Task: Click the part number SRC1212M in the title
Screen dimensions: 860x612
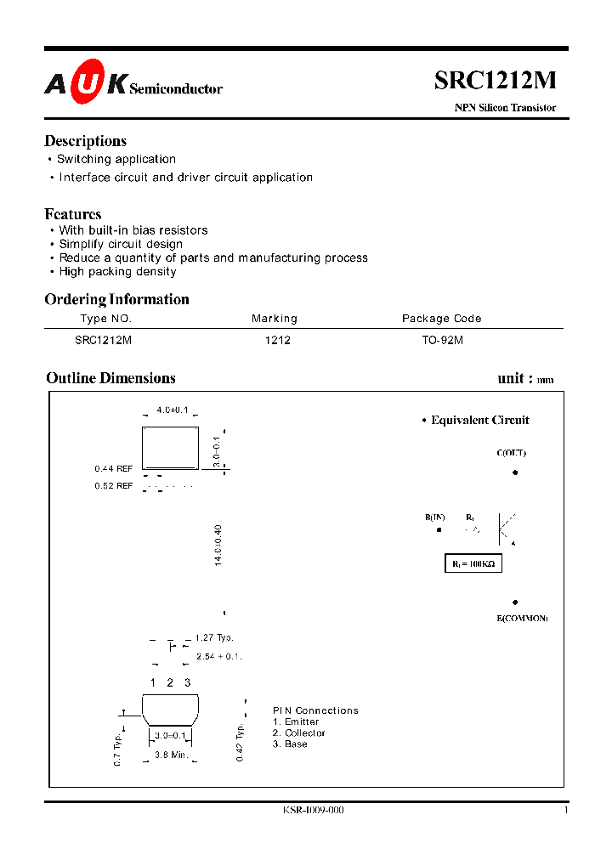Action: (496, 80)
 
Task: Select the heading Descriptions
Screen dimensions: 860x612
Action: (85, 141)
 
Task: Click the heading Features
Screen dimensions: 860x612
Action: (73, 214)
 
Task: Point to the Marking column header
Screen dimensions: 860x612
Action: (275, 319)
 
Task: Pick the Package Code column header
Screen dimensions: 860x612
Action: (441, 319)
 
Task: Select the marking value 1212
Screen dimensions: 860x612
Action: (278, 340)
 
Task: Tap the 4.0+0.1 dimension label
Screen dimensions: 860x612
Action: (173, 410)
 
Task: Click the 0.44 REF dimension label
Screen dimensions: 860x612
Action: (114, 468)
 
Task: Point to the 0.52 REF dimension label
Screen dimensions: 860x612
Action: (114, 486)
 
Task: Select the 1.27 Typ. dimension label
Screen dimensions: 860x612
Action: (214, 637)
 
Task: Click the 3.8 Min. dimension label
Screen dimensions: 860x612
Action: (172, 755)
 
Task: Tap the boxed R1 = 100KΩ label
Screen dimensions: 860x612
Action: (473, 563)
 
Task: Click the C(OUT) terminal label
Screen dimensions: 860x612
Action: (512, 453)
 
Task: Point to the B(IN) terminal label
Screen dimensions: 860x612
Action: (435, 518)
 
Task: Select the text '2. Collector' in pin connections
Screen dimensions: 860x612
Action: (299, 733)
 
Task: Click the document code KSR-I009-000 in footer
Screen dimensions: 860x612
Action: (314, 811)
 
